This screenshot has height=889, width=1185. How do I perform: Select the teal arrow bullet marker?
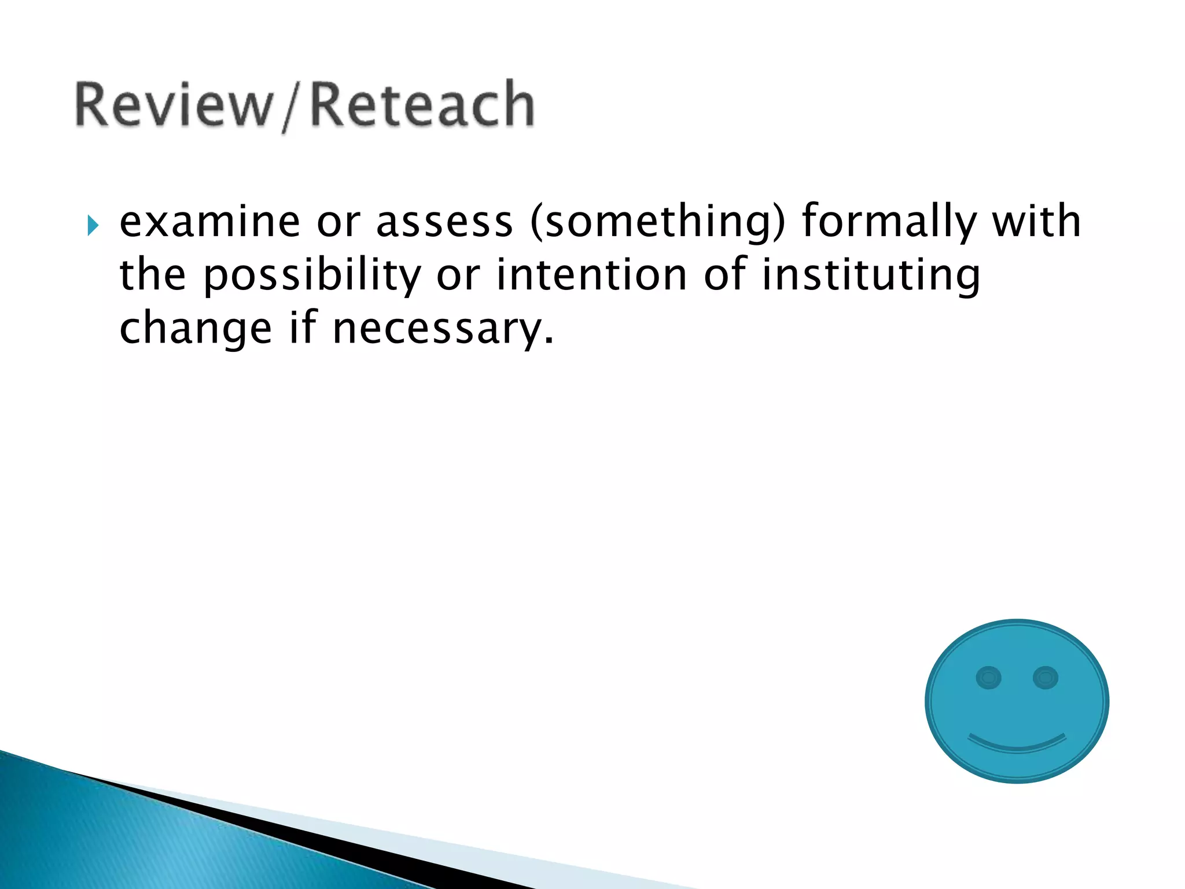[x=93, y=225]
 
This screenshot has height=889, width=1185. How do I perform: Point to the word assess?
[x=444, y=223]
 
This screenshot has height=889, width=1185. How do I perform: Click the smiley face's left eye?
[x=988, y=677]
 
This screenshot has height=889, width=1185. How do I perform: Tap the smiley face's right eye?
[x=1046, y=677]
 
